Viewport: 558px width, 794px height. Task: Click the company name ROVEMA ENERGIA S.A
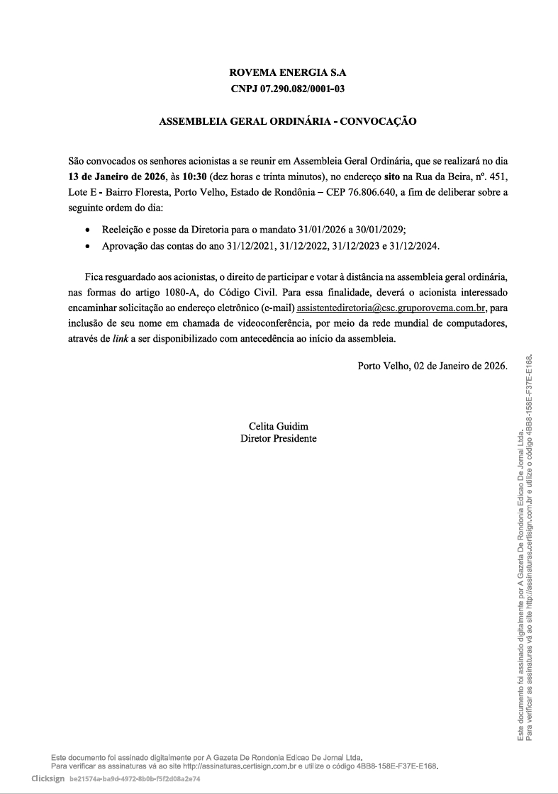(x=288, y=73)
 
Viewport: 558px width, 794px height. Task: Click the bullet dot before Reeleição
(x=87, y=231)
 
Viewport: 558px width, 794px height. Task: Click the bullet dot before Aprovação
(x=87, y=247)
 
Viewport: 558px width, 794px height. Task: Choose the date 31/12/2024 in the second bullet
(x=415, y=246)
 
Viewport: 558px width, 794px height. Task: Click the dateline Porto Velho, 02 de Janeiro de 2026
(x=433, y=367)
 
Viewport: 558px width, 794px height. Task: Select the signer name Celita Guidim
(x=279, y=426)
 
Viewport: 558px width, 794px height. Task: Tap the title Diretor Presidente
(x=279, y=438)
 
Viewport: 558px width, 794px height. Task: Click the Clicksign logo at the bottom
(x=48, y=778)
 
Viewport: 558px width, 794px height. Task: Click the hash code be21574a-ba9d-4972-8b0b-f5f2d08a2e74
(x=135, y=778)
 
